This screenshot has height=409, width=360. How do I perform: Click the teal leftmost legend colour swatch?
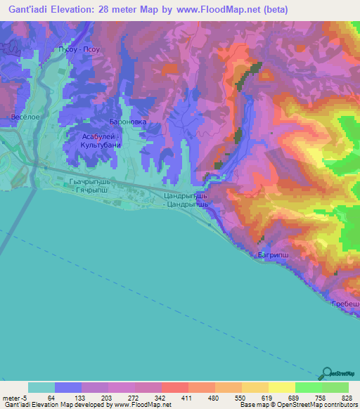(41, 387)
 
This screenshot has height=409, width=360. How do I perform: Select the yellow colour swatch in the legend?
(281, 387)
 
